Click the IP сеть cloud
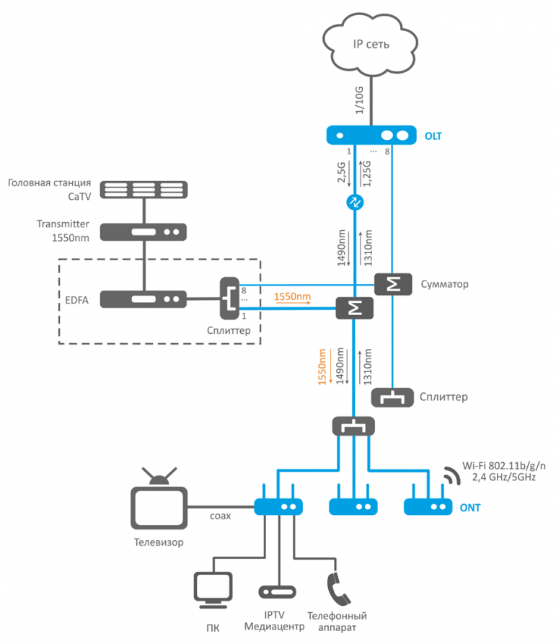click(x=371, y=45)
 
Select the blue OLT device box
click(x=371, y=135)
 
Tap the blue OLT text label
click(x=433, y=136)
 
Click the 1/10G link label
click(x=359, y=100)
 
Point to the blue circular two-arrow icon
click(x=355, y=202)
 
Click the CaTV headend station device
click(x=144, y=190)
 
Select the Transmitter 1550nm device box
click(x=144, y=232)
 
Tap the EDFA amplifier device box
click(x=144, y=299)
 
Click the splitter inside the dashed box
click(x=229, y=298)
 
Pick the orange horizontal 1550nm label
click(x=292, y=296)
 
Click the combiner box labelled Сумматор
click(x=393, y=284)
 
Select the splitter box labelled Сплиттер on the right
click(x=392, y=397)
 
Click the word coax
click(x=221, y=516)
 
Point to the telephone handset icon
click(x=338, y=589)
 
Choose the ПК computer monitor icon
click(x=213, y=590)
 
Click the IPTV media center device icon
click(x=277, y=592)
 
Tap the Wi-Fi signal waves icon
click(x=451, y=475)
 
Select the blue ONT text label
click(x=470, y=508)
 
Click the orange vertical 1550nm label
click(x=322, y=367)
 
